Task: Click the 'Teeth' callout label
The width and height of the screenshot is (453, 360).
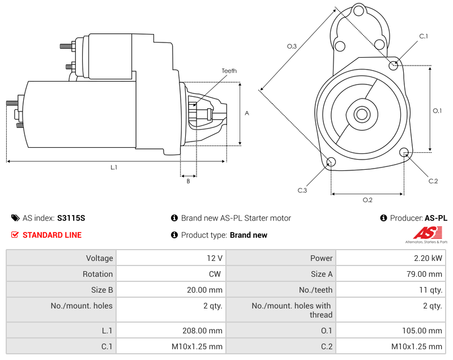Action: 229,71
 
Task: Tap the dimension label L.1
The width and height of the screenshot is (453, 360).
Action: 114,168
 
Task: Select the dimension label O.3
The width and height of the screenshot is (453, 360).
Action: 292,46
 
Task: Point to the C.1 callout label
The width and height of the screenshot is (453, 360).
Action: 423,36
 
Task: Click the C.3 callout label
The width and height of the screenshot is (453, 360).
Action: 302,190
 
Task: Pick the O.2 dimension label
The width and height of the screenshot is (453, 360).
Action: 367,200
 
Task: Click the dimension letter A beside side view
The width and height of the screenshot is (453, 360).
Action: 246,113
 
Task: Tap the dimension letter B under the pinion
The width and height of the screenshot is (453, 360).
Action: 188,181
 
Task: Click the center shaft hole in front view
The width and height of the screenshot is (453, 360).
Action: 362,114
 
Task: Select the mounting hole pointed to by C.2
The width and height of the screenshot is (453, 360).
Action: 404,152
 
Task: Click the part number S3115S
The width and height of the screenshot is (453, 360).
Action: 71,218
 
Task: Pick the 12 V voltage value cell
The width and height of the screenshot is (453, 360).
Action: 214,258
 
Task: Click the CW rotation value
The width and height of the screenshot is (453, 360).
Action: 216,274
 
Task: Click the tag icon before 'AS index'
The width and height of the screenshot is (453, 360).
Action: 15,218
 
